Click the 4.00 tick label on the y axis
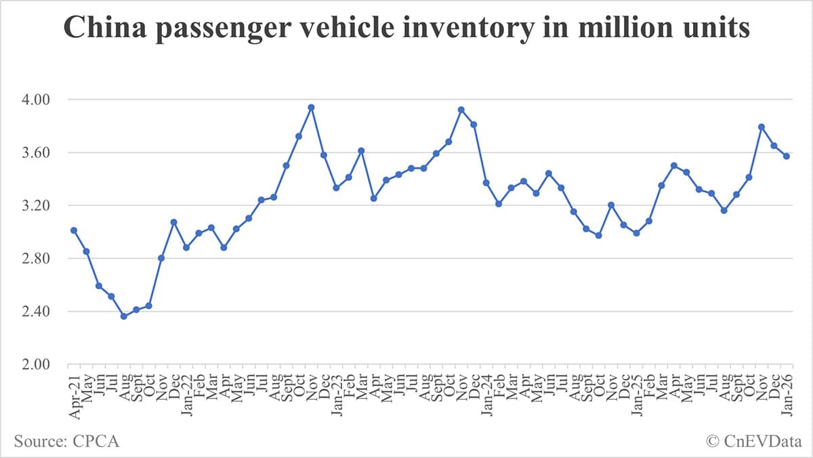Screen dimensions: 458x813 click(46, 100)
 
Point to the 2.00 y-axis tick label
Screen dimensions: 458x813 click(46, 365)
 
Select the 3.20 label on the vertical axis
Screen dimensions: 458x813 click(46, 205)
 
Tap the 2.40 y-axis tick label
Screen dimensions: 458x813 click(46, 312)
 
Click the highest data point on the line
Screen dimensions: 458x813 click(311, 107)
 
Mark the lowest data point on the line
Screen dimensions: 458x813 click(123, 316)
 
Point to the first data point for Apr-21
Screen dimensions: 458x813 click(74, 230)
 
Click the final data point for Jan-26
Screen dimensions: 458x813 click(787, 156)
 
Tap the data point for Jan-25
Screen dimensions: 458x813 click(636, 233)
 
